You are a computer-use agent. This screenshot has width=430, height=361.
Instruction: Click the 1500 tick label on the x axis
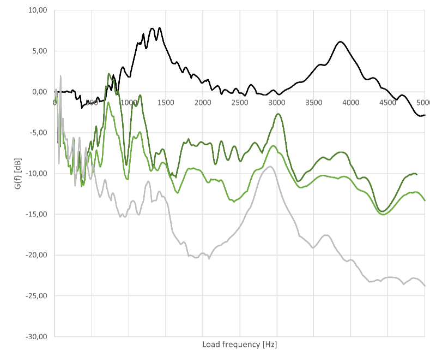click(x=166, y=103)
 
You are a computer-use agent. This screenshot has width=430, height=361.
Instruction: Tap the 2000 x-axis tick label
click(x=203, y=103)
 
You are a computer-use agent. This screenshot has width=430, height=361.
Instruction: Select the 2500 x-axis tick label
click(x=240, y=103)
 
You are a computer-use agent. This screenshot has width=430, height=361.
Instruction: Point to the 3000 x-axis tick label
click(x=277, y=103)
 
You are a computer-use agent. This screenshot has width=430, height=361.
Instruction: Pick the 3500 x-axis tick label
click(x=314, y=103)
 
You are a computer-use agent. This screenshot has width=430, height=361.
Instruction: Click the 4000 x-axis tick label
click(x=351, y=103)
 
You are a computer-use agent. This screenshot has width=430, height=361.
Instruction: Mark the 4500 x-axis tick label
click(x=388, y=103)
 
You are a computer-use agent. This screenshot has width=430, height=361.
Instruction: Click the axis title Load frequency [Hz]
click(x=240, y=345)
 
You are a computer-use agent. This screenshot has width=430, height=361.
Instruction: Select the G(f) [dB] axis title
click(x=18, y=174)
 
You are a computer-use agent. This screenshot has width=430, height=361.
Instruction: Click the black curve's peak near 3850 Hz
click(x=340, y=42)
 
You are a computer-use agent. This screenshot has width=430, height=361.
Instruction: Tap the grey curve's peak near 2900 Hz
click(x=269, y=167)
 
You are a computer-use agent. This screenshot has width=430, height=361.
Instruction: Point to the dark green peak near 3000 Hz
click(x=278, y=114)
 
